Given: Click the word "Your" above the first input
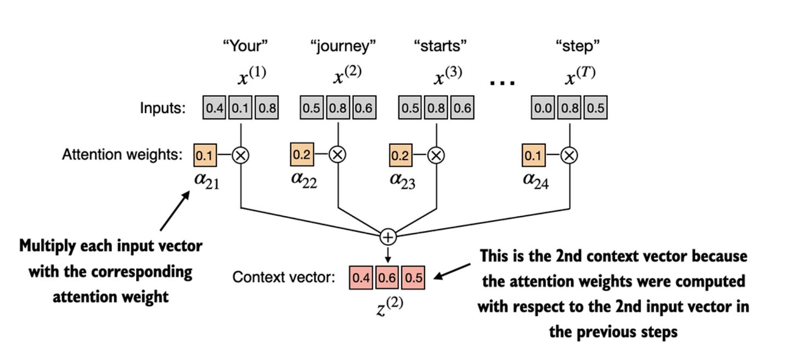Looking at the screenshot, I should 245,46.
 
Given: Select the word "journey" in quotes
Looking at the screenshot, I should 344,46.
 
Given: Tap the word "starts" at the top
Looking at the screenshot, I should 440,46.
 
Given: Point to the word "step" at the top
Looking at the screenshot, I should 578,46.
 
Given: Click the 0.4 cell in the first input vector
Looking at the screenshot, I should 215,108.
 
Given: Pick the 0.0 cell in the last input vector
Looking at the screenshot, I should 544,108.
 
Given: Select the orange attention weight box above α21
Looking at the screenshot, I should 205,155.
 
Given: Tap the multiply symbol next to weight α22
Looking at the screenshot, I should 337,155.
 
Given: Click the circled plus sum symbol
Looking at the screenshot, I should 388,237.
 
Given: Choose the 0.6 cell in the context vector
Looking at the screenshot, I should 387,278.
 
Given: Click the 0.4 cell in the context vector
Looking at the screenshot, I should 361,278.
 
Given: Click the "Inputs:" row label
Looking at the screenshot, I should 162,109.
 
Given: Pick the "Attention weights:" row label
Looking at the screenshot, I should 122,155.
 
